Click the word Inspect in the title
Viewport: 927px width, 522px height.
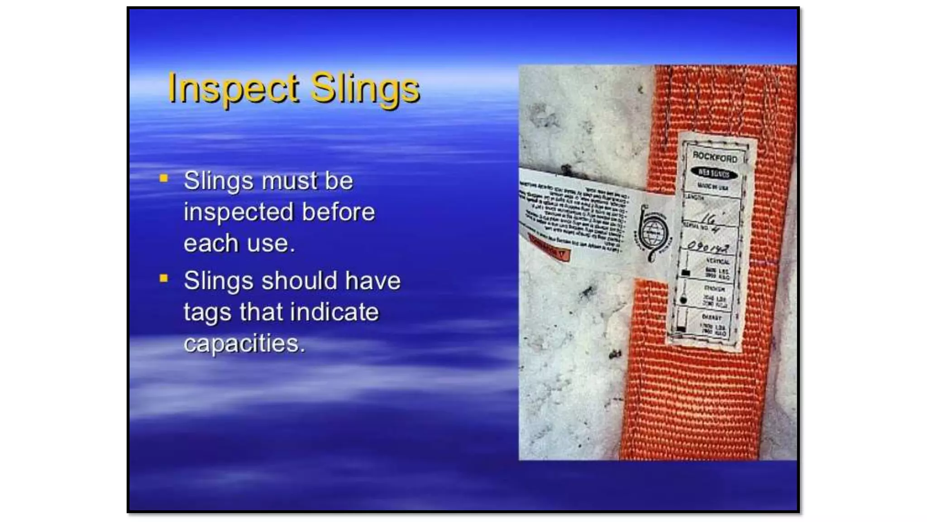(x=233, y=88)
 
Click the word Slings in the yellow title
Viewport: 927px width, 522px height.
(x=365, y=88)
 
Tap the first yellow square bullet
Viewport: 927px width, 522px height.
(x=164, y=179)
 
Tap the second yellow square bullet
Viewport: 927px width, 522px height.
(x=164, y=278)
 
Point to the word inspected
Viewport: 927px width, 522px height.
(x=239, y=213)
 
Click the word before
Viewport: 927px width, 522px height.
(x=338, y=212)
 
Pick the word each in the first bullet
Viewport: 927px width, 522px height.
(x=210, y=243)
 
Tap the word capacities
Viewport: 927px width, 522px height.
(x=244, y=343)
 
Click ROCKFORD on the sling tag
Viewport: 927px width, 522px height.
(x=715, y=157)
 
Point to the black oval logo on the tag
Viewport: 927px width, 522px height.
(x=714, y=173)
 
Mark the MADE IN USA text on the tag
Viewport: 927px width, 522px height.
(x=712, y=187)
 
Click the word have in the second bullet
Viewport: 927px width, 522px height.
(x=372, y=280)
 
